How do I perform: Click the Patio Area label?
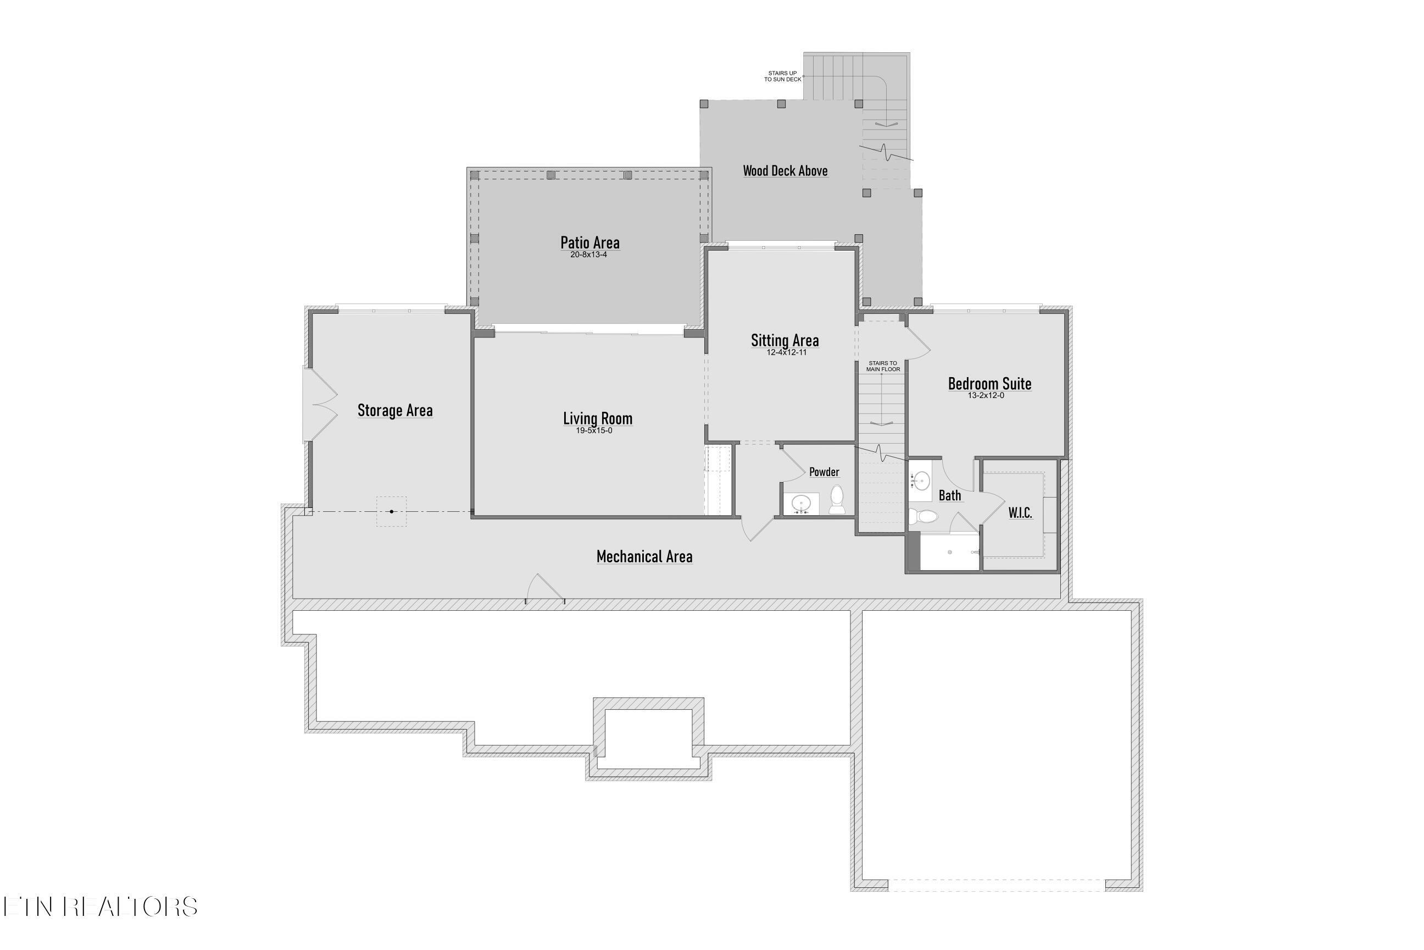589,243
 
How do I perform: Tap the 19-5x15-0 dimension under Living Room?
594,431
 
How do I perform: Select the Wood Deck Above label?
785,171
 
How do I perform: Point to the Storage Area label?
395,411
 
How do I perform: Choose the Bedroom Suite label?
989,384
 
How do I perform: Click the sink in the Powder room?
802,503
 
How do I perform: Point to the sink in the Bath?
921,482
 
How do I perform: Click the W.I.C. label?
1020,512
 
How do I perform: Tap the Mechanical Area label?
644,557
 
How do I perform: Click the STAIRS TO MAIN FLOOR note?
883,367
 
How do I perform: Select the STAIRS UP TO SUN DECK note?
782,76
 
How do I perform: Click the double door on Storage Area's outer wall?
319,404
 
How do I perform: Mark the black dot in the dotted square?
392,512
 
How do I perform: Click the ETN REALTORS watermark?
100,907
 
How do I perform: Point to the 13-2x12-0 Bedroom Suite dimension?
986,396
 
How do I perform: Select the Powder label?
824,472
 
